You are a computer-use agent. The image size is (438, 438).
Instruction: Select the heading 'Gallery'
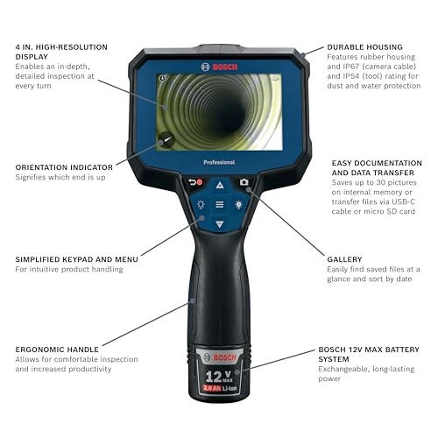point(343,259)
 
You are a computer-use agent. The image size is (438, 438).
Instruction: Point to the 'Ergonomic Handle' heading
point(56,349)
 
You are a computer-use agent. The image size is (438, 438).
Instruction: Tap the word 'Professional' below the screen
point(219,162)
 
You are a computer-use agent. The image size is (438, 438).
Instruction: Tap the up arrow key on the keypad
point(220,186)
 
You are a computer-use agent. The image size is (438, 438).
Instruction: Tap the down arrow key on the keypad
point(220,224)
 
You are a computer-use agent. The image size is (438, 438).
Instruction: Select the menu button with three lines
point(220,205)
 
